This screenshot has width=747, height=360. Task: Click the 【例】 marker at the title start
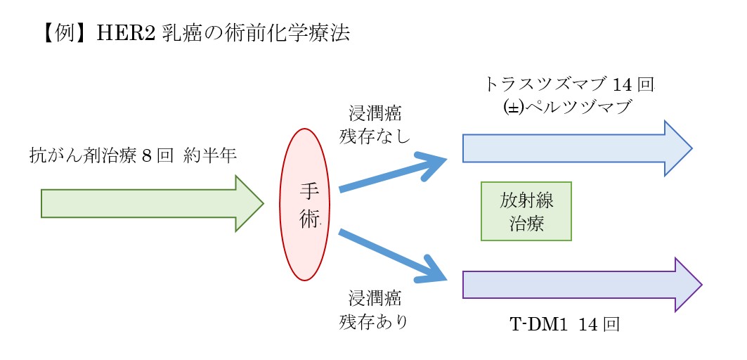(60, 34)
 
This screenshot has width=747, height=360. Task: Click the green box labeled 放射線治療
(526, 211)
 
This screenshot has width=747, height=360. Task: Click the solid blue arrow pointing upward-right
(394, 174)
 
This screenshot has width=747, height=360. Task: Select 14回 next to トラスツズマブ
(634, 84)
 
